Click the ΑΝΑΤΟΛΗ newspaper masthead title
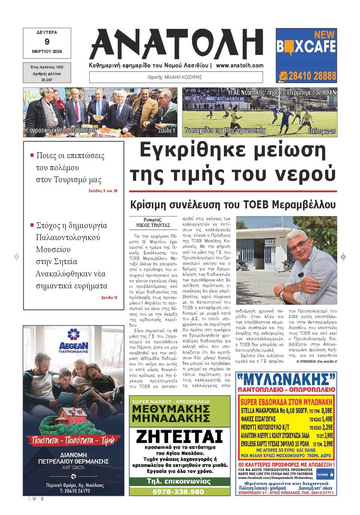(x=176, y=44)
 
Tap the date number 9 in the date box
(x=47, y=42)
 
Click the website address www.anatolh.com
(x=240, y=65)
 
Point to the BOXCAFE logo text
(x=306, y=47)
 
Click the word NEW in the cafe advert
(x=324, y=34)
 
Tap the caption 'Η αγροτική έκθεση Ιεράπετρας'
(x=60, y=130)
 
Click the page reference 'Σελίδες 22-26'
(x=321, y=131)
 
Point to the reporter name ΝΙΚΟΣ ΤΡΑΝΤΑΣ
(x=153, y=225)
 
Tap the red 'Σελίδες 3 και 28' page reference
(x=103, y=191)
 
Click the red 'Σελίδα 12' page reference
(x=109, y=298)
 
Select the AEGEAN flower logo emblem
(x=73, y=334)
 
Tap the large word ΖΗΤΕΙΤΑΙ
(x=179, y=436)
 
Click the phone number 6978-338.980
(x=178, y=492)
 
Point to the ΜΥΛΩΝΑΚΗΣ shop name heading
(x=286, y=379)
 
